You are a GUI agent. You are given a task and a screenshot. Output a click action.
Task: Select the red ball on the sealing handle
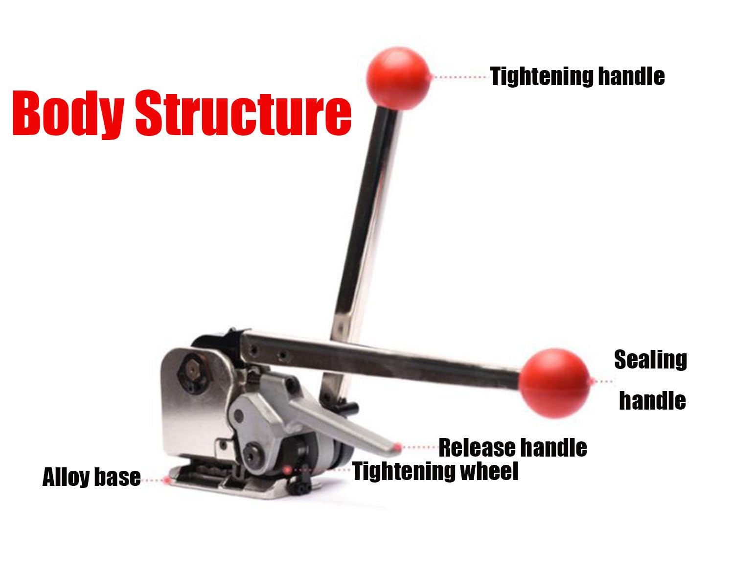click(x=555, y=383)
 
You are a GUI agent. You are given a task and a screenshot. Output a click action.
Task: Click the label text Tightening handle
click(x=577, y=76)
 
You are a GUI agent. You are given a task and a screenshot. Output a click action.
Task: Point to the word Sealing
click(x=650, y=360)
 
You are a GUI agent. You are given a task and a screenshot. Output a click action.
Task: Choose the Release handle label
click(x=513, y=448)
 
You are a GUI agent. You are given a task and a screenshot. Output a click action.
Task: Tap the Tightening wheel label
click(x=436, y=471)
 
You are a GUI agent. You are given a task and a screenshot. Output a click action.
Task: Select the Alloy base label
click(x=92, y=478)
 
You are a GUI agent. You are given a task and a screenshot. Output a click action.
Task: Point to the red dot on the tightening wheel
click(x=288, y=469)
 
